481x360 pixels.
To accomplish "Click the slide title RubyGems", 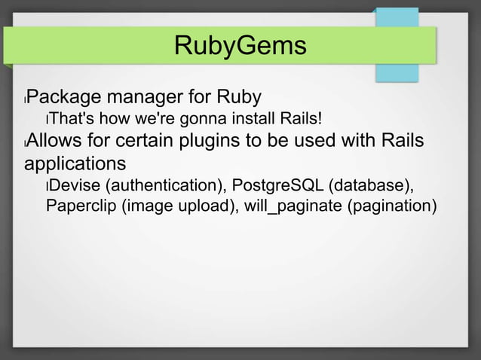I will pos(240,46).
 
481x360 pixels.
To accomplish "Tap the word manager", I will pos(152,97).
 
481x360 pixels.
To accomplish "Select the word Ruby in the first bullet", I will pos(240,97).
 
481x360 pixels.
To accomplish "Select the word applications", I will pos(75,163).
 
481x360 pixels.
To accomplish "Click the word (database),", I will pos(371,185).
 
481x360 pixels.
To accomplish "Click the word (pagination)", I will pos(390,206).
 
